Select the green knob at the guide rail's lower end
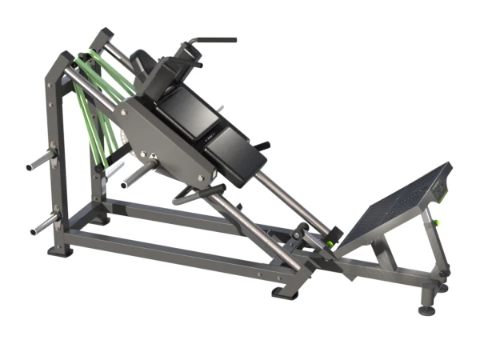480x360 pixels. [328, 238]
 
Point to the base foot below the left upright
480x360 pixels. [60, 250]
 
